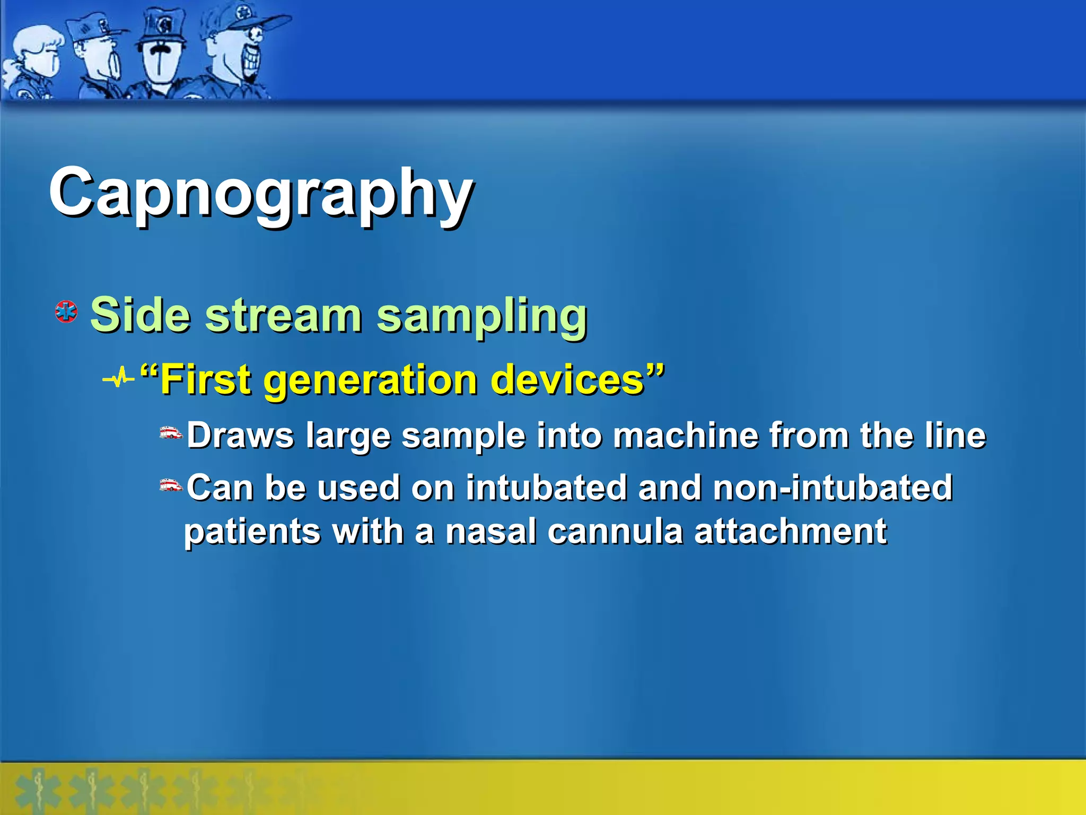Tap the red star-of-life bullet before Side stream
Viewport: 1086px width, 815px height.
[x=66, y=312]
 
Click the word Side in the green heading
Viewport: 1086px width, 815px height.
[x=140, y=315]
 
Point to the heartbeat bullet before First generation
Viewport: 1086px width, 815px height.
[x=118, y=379]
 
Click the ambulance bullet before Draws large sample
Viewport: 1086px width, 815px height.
[x=171, y=433]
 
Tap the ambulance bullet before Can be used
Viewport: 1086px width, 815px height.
[x=171, y=485]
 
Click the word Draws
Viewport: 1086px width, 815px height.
[x=240, y=436]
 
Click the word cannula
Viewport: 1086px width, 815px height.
[x=615, y=532]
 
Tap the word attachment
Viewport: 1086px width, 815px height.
[x=790, y=532]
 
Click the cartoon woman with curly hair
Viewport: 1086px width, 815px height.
[x=34, y=61]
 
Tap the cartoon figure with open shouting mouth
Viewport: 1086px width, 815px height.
[x=101, y=58]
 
